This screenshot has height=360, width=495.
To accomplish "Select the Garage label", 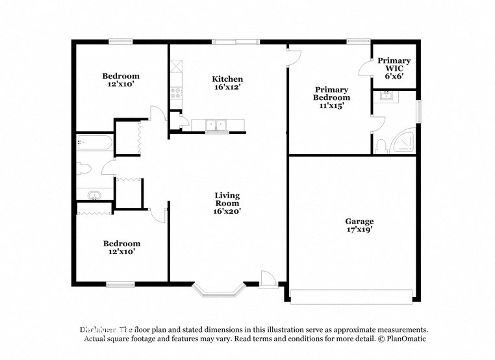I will click(359, 221).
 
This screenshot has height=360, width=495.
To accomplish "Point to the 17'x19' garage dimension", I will click(359, 229).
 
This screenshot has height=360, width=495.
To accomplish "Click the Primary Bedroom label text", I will click(331, 94).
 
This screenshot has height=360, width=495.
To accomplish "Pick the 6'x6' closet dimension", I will click(394, 75).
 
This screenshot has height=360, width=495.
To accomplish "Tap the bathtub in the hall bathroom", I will click(95, 144).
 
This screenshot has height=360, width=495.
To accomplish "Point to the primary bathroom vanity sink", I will click(388, 97).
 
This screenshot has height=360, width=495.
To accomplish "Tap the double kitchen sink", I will click(215, 125).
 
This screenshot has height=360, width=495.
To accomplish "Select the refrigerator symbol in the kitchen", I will click(176, 66).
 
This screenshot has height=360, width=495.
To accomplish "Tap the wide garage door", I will click(351, 296).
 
